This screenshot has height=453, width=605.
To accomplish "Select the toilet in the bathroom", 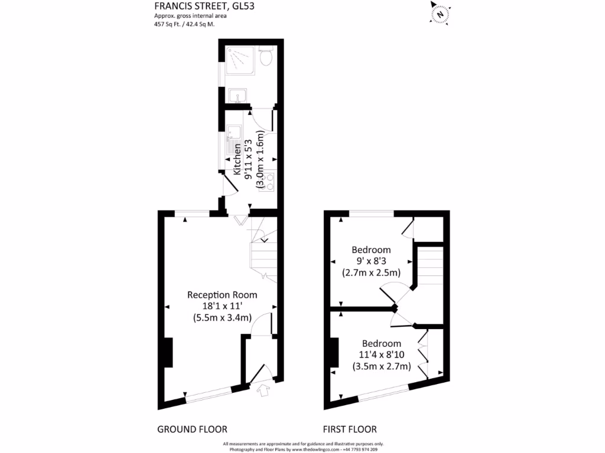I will tap(266, 57).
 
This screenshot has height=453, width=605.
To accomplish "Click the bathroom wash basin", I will tap(238, 96).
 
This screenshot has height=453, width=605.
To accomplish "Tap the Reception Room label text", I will tap(222, 295).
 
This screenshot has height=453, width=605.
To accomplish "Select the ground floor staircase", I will tap(262, 251).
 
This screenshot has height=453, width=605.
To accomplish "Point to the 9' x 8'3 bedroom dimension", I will tap(371, 261).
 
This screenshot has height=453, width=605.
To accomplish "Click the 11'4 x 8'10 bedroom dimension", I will tap(381, 354).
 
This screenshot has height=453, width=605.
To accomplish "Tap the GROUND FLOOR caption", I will tap(192, 429).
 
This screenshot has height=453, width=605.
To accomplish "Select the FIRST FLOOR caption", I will tap(350, 429).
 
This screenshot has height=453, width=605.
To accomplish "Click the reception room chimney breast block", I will tap(167, 353).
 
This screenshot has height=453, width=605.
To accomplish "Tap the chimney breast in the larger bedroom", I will tap(334, 353).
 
